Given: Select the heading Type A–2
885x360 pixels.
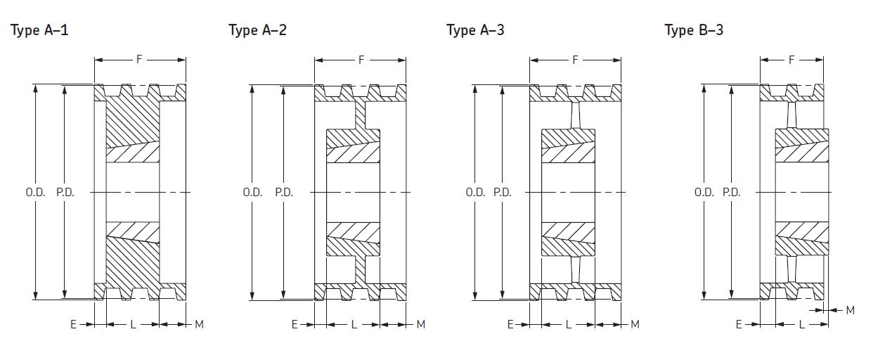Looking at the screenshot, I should [x=257, y=30].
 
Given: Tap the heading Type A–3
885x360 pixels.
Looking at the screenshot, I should [x=475, y=30].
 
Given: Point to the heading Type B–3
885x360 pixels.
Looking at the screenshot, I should [x=694, y=30].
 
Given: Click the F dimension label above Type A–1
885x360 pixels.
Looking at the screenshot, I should [x=139, y=60].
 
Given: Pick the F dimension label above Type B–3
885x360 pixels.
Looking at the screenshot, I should [x=792, y=60].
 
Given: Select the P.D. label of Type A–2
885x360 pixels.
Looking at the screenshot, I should [x=284, y=192].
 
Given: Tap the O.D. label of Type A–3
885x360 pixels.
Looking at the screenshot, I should [x=475, y=192].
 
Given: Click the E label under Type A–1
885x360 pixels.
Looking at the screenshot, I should [x=72, y=324].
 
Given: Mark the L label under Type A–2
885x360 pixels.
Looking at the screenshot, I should [x=354, y=324].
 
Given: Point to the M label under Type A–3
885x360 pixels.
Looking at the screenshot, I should [x=635, y=324].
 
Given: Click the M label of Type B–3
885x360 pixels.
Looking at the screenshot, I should [x=850, y=310].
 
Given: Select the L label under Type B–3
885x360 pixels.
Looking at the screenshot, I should [x=802, y=324].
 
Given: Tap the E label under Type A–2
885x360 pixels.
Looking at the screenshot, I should [x=295, y=324].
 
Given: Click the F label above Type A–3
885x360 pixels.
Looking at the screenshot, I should [x=575, y=60].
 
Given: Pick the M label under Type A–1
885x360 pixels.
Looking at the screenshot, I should [x=199, y=324].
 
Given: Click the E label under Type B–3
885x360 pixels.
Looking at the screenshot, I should [x=739, y=324].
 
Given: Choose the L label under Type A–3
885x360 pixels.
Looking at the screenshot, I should [x=569, y=324].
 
